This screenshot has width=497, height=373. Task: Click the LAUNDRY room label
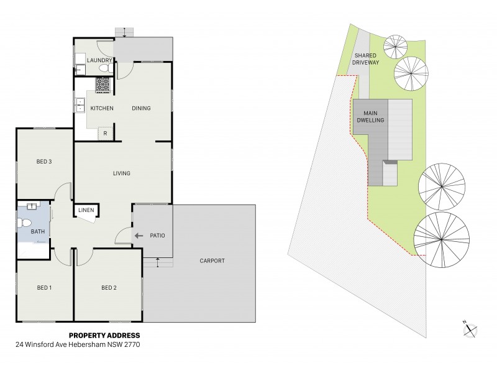(99, 60)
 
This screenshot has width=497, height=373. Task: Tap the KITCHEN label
(102, 108)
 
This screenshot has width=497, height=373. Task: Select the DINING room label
(141, 108)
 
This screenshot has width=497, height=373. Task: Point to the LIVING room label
(121, 173)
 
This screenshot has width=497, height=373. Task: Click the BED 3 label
(43, 162)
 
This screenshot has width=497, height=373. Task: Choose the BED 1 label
(43, 287)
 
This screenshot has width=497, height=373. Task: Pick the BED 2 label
(108, 287)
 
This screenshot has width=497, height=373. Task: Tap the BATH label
(29, 232)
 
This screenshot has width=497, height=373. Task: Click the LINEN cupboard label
(86, 210)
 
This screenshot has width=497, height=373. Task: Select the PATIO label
(157, 236)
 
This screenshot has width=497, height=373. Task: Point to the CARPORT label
(212, 260)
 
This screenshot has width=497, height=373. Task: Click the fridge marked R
(106, 133)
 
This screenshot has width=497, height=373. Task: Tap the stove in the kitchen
(103, 84)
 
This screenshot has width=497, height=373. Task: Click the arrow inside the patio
(139, 236)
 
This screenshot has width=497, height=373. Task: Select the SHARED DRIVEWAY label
(366, 58)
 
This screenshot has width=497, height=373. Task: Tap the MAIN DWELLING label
(370, 116)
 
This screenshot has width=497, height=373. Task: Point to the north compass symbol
(469, 329)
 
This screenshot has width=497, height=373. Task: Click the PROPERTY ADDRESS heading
(108, 336)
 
